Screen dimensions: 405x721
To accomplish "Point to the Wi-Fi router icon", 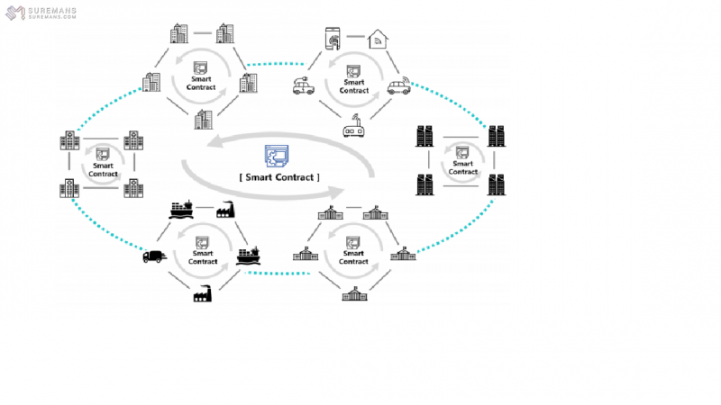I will tap(354, 130).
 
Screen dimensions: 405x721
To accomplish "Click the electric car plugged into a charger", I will tap(303, 87).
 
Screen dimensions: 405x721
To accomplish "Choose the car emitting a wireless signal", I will tap(399, 87).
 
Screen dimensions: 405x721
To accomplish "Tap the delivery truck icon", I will tap(155, 256).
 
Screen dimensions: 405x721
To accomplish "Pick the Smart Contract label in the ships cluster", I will tap(201, 256).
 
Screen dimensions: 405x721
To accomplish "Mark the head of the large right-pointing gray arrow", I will tap(338, 192).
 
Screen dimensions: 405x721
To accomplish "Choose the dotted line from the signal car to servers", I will tap(451, 103).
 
